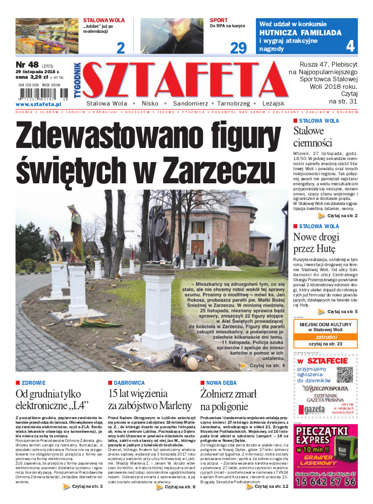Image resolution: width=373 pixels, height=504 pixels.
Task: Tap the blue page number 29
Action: pyautogui.click(x=238, y=47)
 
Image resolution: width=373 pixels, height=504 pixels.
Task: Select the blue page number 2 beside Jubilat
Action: pyautogui.click(x=120, y=47)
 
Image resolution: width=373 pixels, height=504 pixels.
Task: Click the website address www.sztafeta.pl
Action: pyautogui.click(x=35, y=104)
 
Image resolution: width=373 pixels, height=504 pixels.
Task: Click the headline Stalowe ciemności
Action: pyautogui.click(x=313, y=137)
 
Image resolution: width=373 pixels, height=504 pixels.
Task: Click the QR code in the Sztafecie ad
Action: pyautogui.click(x=344, y=374)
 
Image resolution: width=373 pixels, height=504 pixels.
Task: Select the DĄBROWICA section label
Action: pyautogui.click(x=129, y=383)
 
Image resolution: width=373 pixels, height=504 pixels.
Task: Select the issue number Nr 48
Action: pyautogui.click(x=27, y=65)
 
